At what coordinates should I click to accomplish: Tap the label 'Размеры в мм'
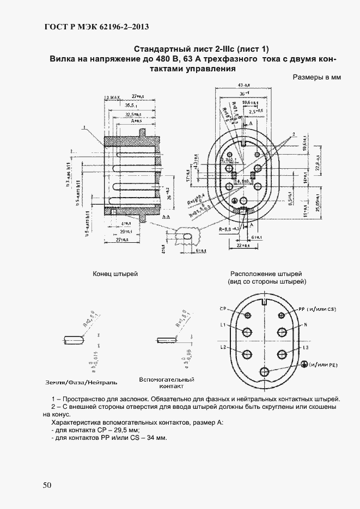pos(316,77)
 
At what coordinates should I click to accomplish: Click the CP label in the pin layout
pos(223,309)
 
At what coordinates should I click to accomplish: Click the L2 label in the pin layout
pos(223,346)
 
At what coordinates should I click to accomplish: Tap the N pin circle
pos(283,332)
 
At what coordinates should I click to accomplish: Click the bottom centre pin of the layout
pos(265,372)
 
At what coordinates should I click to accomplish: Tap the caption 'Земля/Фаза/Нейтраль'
pos(82,382)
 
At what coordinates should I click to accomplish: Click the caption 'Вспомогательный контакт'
pos(167,383)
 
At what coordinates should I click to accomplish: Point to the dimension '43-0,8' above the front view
pos(243,85)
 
